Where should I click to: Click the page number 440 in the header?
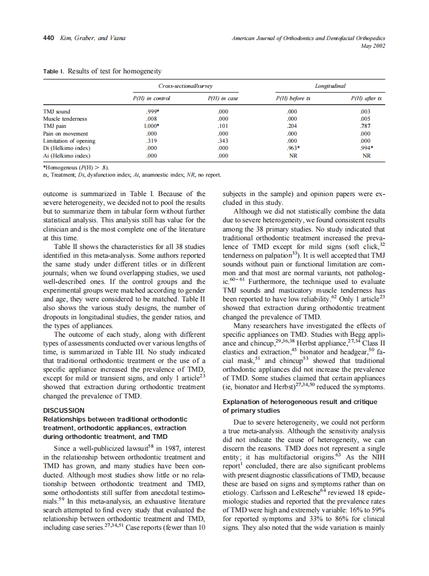pyautogui.click(x=49, y=38)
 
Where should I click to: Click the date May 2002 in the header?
pyautogui.click(x=373, y=46)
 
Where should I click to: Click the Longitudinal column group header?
pyautogui.click(x=330, y=86)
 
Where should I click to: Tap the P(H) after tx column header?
pyautogui.click(x=366, y=98)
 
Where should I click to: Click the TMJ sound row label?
pyautogui.click(x=57, y=111)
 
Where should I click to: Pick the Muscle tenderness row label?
pyautogui.click(x=65, y=119)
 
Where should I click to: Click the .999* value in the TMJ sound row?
pyautogui.click(x=151, y=111)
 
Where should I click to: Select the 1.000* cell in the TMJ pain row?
pyautogui.click(x=151, y=126)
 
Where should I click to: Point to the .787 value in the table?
pyautogui.click(x=366, y=126)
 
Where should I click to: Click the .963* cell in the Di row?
pyautogui.click(x=294, y=148)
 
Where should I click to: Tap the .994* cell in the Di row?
pyautogui.click(x=366, y=148)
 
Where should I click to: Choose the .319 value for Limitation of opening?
pyautogui.click(x=151, y=141)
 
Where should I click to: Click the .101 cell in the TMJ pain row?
pyautogui.click(x=223, y=126)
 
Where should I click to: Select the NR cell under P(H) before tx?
pyautogui.click(x=294, y=155)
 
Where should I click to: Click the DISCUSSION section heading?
pyautogui.click(x=64, y=411)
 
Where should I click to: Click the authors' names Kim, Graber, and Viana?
pyautogui.click(x=93, y=38)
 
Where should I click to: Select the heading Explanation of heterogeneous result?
pyautogui.click(x=300, y=402)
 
